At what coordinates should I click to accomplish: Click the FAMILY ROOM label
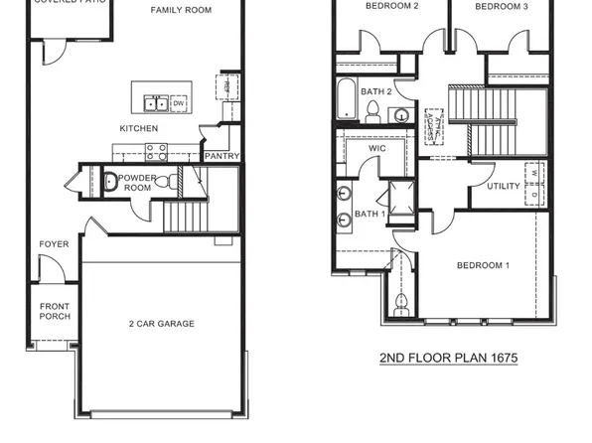pyautogui.click(x=182, y=10)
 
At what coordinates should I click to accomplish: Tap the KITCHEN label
pyautogui.click(x=139, y=129)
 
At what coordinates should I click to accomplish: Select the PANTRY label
pyautogui.click(x=221, y=156)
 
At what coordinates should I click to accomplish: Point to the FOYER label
pyautogui.click(x=54, y=244)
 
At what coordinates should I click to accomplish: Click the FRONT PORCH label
pyautogui.click(x=54, y=312)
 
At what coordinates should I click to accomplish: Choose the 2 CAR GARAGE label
pyautogui.click(x=161, y=324)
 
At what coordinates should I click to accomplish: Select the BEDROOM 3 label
pyautogui.click(x=502, y=7)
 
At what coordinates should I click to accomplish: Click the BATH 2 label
pyautogui.click(x=376, y=92)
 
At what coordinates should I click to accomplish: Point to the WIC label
pyautogui.click(x=376, y=149)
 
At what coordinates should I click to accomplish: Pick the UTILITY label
pyautogui.click(x=503, y=186)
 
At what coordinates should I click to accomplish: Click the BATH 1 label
pyautogui.click(x=370, y=214)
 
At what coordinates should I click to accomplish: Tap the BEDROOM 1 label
pyautogui.click(x=483, y=265)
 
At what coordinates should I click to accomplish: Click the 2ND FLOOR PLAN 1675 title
pyautogui.click(x=449, y=358)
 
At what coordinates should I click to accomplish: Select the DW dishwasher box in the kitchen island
pyautogui.click(x=179, y=102)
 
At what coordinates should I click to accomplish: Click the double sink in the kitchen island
pyautogui.click(x=156, y=102)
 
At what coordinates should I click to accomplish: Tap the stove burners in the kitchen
pyautogui.click(x=157, y=152)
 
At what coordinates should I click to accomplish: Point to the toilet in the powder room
pyautogui.click(x=169, y=183)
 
